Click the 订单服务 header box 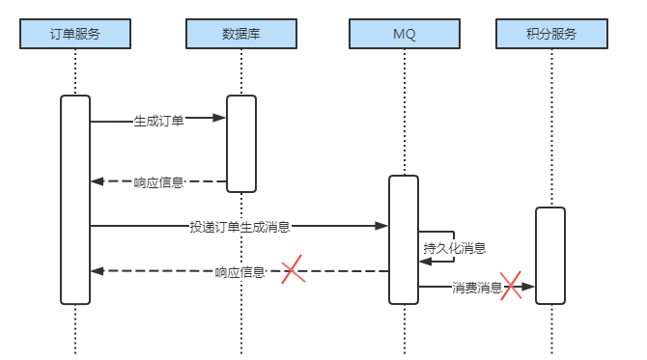click(75, 34)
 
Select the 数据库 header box click(240, 34)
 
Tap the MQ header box click(404, 34)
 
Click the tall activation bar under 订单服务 click(75, 199)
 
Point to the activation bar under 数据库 click(241, 143)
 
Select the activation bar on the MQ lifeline click(404, 239)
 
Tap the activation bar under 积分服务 click(549, 255)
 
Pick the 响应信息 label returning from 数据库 click(158, 181)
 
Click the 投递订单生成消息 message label click(240, 228)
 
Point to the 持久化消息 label click(454, 248)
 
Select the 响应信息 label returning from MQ click(240, 272)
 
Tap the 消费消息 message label click(477, 288)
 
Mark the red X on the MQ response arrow click(293, 271)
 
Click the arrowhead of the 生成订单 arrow click(220, 119)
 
